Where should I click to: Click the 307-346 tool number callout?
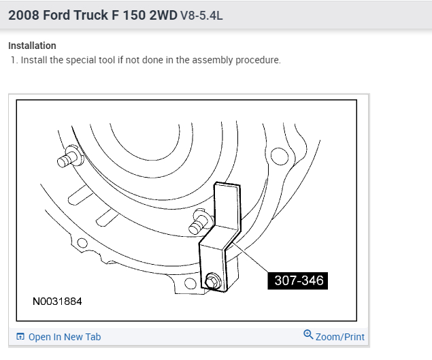297,280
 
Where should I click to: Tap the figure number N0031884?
57,301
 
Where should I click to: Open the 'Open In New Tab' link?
65,337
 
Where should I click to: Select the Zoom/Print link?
339,337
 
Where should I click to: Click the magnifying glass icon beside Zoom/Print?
308,335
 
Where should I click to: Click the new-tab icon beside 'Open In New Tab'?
20,337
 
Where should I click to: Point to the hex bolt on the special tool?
213,282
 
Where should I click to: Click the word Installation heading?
32,46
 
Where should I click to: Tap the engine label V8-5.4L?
201,16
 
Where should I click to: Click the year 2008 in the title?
24,15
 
